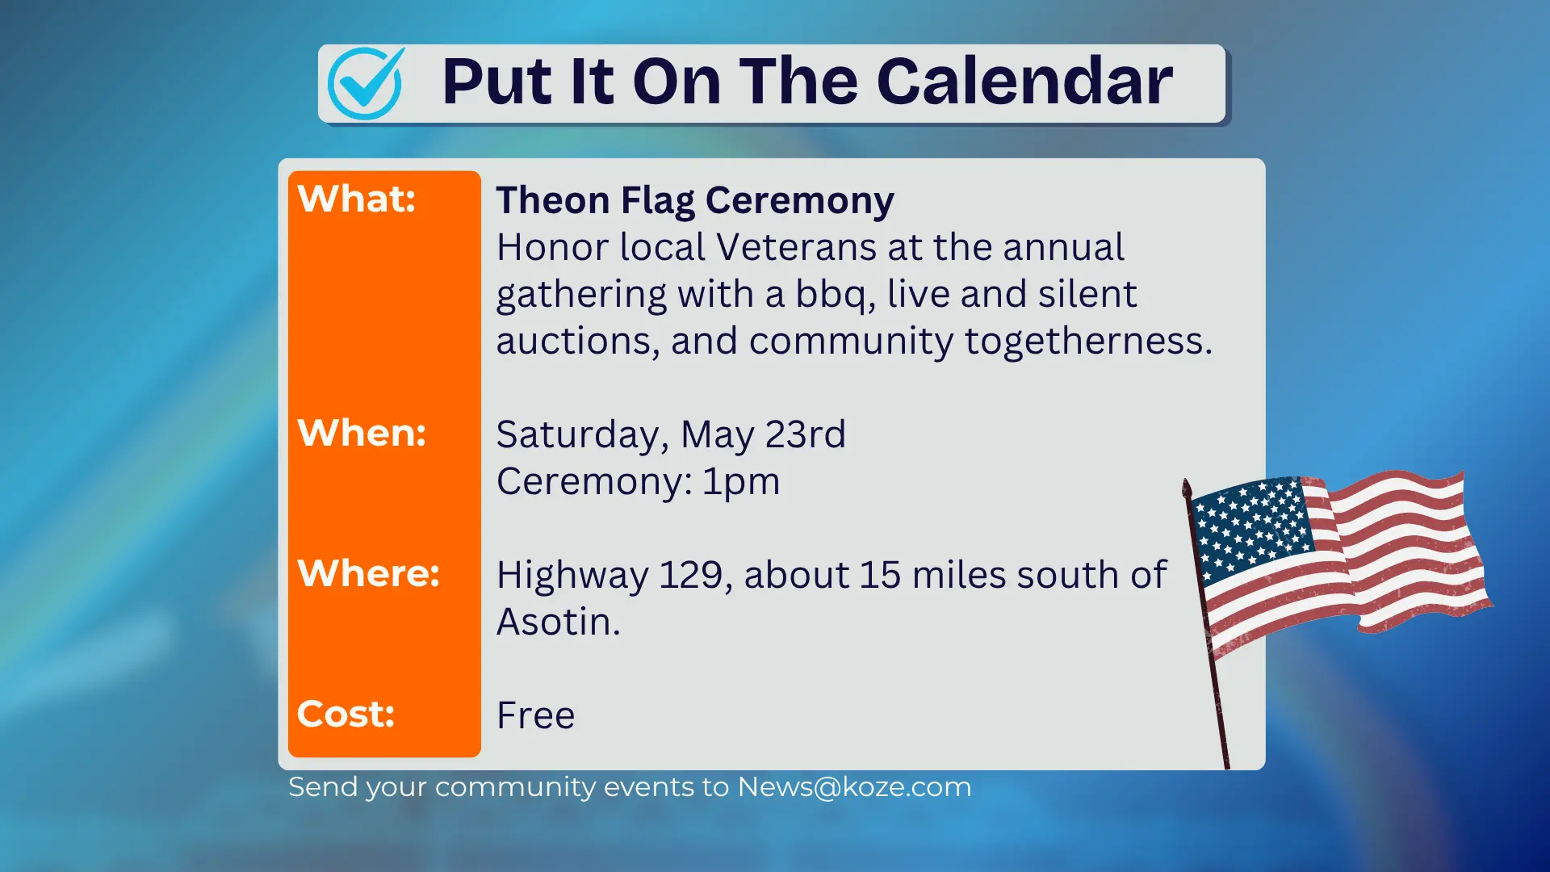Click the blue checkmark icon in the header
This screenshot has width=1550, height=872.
[x=365, y=84]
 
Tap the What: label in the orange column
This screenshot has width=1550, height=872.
[x=356, y=199]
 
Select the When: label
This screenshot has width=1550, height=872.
[x=361, y=433]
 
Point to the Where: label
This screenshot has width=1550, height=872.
[x=368, y=573]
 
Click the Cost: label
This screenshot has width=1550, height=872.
[x=346, y=714]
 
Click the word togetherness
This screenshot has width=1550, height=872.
[x=1087, y=341]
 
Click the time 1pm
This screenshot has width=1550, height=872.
[x=740, y=481]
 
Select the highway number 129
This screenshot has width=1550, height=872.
[x=694, y=575]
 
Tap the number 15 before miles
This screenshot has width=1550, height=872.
[x=879, y=575]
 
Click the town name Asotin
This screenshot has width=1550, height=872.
[x=557, y=622]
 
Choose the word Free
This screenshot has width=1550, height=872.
[x=535, y=715]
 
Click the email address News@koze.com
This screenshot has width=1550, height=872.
[x=854, y=786]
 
